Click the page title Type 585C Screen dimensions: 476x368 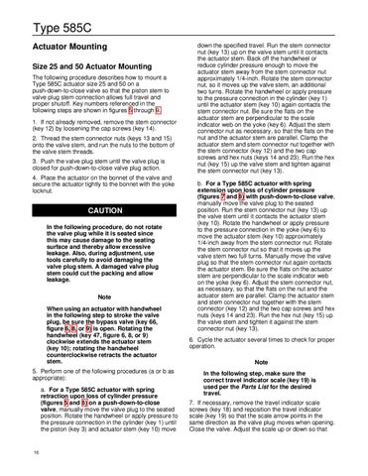[x=41, y=13]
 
